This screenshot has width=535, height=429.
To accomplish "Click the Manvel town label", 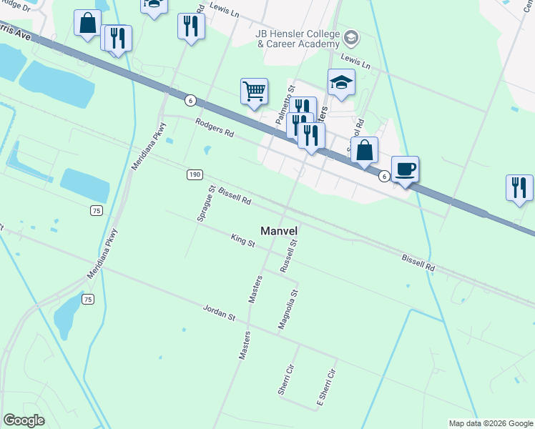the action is tap(278, 231).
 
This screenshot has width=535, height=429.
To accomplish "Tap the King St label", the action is tap(242, 241).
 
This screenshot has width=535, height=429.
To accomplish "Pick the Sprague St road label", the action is tap(206, 203).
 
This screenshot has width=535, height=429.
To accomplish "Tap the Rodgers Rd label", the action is tap(215, 129).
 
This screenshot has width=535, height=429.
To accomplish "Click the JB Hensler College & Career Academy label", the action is tap(297, 39).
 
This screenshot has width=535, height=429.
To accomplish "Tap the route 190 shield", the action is tap(195, 174).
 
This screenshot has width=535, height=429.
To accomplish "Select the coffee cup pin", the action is tap(405, 169).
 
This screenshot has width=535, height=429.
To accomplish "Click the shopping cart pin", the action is tap(254, 92).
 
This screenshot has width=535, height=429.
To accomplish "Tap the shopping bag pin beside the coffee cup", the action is tap(364, 151).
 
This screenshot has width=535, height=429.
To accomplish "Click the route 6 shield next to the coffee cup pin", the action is tap(384, 176).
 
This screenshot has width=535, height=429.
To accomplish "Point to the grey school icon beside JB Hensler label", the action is tap(350, 37).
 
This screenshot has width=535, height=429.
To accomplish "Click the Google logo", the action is tap(24, 420).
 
